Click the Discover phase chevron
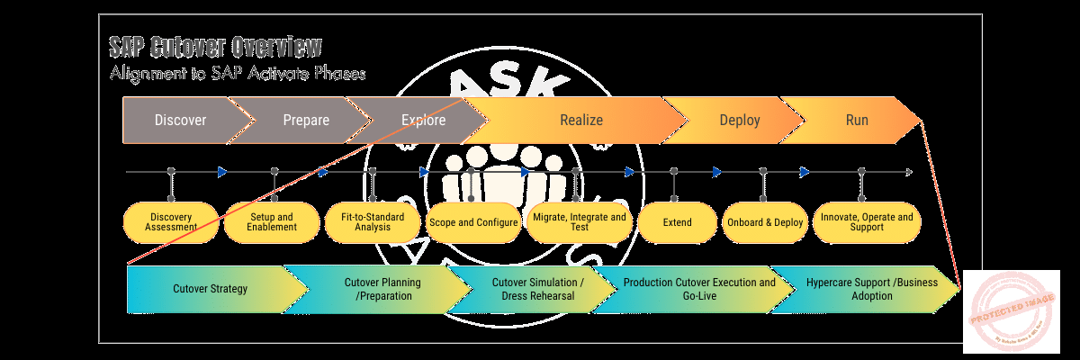[180, 121]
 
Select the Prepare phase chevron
[306, 121]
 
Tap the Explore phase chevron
[423, 121]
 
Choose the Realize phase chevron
[581, 121]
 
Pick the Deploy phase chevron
[740, 121]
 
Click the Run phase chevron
[857, 121]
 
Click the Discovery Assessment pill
[171, 222]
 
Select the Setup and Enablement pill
[272, 222]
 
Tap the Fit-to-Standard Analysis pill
[373, 222]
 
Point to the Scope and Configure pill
[473, 222]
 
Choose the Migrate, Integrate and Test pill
[579, 222]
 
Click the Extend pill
[677, 222]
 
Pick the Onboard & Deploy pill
[763, 222]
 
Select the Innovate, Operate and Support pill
[866, 222]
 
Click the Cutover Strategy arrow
[211, 289]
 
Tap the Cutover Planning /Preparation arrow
[382, 289]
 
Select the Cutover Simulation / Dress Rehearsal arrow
[538, 289]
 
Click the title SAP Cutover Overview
[214, 47]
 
